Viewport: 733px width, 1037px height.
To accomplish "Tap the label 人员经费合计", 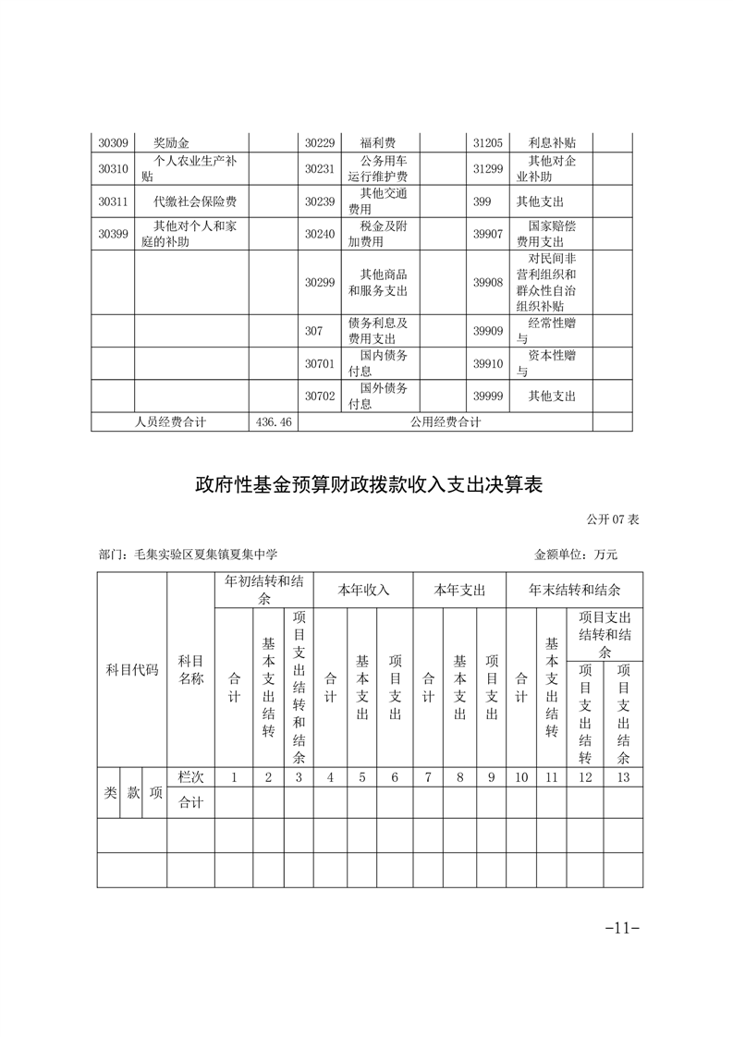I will pyautogui.click(x=170, y=421).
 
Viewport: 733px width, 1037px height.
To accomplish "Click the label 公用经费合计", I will pyautogui.click(x=446, y=421).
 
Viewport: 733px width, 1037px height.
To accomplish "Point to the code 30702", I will pyautogui.click(x=320, y=396).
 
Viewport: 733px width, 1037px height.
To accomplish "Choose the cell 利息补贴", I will pyautogui.click(x=552, y=143).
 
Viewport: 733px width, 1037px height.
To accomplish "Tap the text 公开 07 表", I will pyautogui.click(x=612, y=520).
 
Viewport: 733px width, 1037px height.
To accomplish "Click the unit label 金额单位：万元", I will pyautogui.click(x=575, y=555).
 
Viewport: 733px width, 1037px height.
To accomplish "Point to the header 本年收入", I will pyautogui.click(x=362, y=589).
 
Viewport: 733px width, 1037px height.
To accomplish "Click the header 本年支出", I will pyautogui.click(x=459, y=589).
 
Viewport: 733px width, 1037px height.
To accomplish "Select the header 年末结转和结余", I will pyautogui.click(x=574, y=589).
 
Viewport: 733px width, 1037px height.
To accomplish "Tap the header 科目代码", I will pyautogui.click(x=132, y=669).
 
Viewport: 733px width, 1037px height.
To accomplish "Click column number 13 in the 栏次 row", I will pyautogui.click(x=623, y=777).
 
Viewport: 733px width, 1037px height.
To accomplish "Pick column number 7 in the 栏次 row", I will pyautogui.click(x=428, y=777).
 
